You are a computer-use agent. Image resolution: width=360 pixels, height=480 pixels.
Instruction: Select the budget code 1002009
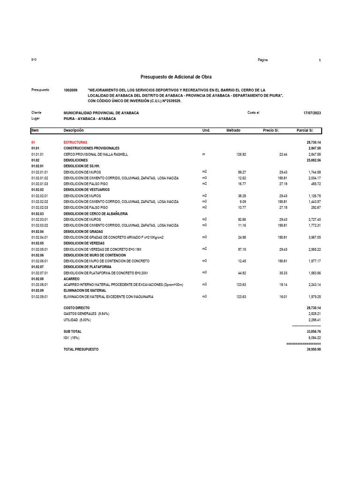coord(70,90)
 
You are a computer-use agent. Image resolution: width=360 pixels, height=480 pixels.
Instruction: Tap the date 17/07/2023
coord(312,113)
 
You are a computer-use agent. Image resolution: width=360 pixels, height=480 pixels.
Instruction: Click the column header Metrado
coord(233,130)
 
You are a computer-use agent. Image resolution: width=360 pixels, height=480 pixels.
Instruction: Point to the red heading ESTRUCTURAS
coord(75,142)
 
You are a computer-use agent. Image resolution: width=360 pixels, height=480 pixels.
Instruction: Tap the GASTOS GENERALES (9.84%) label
coord(86,313)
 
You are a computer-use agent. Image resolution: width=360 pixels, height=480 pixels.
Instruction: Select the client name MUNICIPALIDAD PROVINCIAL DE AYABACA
coord(101,113)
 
